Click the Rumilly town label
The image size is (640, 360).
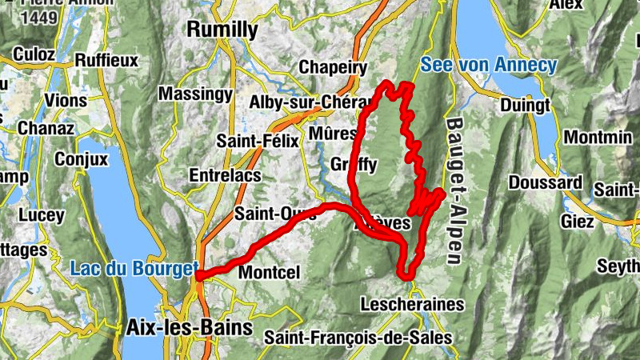(x=222, y=30)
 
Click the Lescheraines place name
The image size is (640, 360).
(x=412, y=305)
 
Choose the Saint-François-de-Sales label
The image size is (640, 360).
(x=358, y=338)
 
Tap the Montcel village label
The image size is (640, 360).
(x=269, y=273)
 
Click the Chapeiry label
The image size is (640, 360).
(x=333, y=68)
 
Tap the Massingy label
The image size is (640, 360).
(x=194, y=94)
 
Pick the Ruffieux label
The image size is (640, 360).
(x=106, y=60)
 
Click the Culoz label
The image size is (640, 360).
(x=34, y=55)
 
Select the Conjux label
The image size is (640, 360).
(x=81, y=159)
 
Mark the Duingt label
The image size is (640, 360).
(x=524, y=105)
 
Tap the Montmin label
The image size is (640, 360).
(x=598, y=138)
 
